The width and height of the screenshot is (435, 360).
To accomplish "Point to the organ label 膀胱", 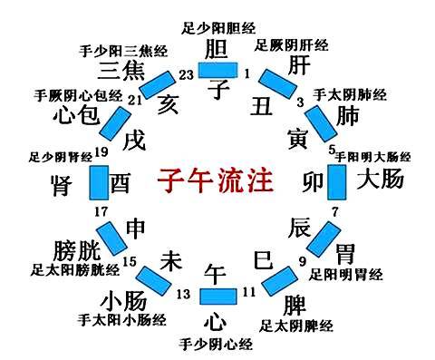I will [74, 247].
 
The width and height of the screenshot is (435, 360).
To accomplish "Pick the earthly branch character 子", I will [217, 89].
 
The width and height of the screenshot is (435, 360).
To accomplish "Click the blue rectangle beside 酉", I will [98, 182].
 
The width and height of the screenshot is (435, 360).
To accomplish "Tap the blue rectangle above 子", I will [217, 69].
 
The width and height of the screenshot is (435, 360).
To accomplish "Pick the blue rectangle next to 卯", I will [335, 180].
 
